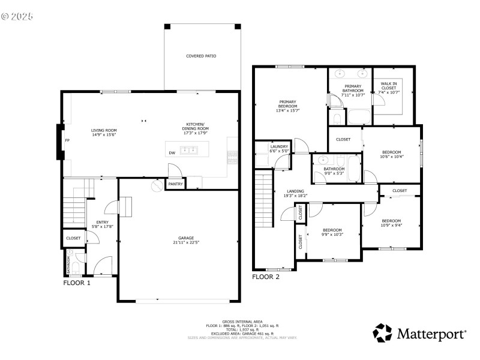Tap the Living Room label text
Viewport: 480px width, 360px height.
tap(104, 130)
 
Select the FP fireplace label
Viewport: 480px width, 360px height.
tap(66, 141)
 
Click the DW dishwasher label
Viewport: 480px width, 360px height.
tap(172, 153)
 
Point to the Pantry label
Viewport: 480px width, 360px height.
tap(175, 184)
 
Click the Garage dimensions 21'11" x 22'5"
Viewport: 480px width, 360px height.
tap(178, 242)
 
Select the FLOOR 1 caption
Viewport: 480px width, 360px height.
tap(77, 282)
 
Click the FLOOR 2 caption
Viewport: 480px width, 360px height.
tap(265, 277)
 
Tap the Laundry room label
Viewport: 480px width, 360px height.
tap(280, 146)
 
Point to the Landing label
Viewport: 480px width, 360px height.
tap(295, 191)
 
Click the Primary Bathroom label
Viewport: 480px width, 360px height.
tap(353, 88)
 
